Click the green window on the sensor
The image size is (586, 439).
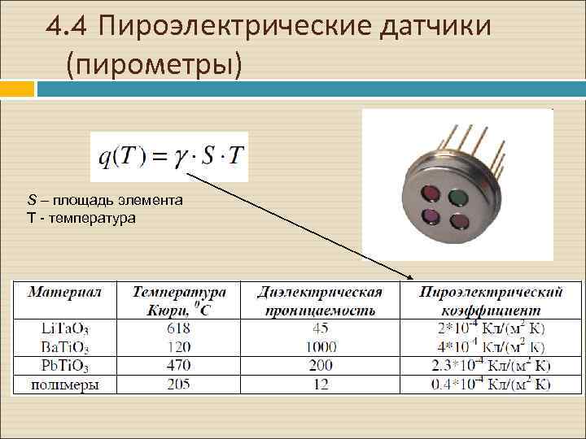tap(459, 196)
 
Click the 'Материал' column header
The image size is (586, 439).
tap(65, 292)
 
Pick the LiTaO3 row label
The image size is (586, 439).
tap(65, 329)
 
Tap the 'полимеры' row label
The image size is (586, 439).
tap(65, 385)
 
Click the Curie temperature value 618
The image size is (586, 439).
tap(177, 328)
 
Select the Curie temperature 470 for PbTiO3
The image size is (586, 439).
tap(177, 366)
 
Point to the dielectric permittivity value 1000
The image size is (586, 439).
tap(319, 347)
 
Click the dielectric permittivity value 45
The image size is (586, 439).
tap(319, 328)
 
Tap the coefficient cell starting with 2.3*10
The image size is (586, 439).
tap(491, 366)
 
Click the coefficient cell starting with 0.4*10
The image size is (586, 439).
tap(491, 385)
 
